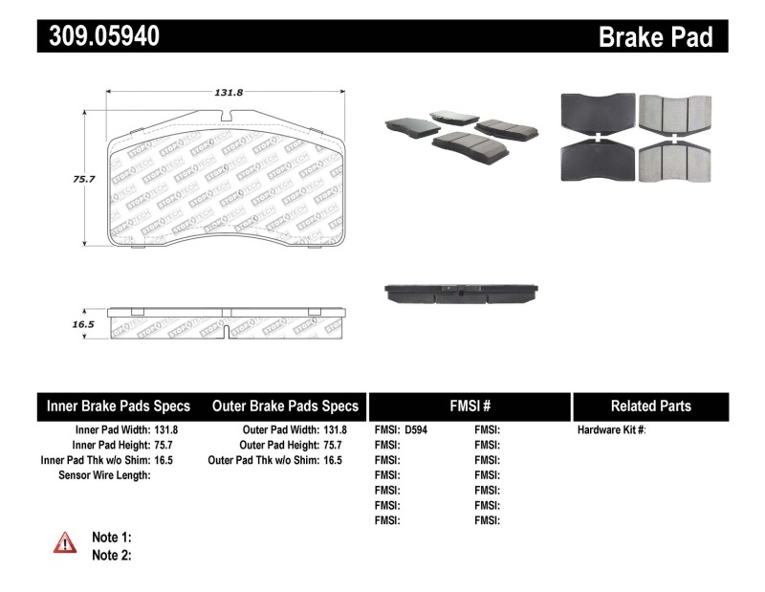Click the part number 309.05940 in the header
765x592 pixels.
[99, 36]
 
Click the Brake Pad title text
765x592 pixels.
[655, 36]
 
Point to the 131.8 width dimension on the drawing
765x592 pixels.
[227, 93]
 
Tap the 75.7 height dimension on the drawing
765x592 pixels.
[66, 177]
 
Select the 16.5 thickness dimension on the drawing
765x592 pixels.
[66, 325]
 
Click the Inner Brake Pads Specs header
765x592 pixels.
[119, 406]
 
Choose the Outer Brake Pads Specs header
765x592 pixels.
[285, 406]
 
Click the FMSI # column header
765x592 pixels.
[470, 406]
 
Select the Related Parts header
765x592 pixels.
[650, 406]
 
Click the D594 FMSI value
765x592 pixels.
[417, 430]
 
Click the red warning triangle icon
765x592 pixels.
[64, 543]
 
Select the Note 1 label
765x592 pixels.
[111, 537]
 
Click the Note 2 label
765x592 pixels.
[111, 555]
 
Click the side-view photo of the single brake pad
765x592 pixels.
[461, 292]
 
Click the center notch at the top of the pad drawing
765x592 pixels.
[227, 117]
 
